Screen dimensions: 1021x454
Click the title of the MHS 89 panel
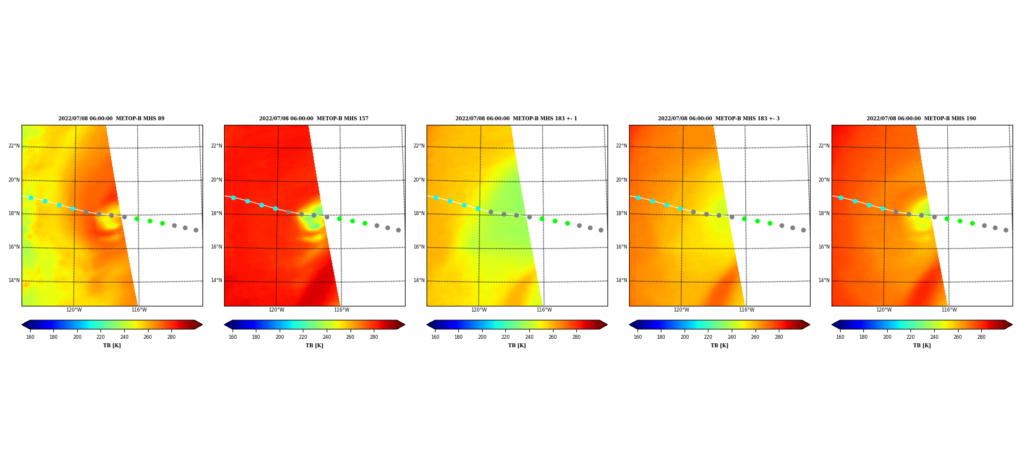tap(111, 119)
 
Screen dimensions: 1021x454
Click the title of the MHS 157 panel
tap(314, 119)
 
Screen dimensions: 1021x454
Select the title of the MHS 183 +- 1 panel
tap(516, 119)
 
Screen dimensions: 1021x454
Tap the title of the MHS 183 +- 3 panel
tap(719, 119)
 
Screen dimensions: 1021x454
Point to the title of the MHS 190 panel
tap(921, 119)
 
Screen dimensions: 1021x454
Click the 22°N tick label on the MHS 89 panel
tap(14, 146)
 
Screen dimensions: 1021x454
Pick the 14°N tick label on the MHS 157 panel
tap(216, 280)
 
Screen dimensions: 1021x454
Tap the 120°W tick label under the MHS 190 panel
tap(884, 310)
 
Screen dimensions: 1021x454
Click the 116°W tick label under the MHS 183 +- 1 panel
tap(544, 310)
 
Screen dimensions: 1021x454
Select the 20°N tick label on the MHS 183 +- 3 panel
tap(621, 180)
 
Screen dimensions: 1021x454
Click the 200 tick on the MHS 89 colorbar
tap(77, 337)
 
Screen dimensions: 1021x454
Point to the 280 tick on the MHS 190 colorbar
tap(981, 337)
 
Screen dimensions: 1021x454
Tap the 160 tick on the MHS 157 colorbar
tap(233, 337)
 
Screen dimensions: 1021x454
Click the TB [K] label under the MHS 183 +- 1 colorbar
tap(517, 346)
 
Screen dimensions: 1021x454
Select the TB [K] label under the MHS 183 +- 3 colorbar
tap(719, 346)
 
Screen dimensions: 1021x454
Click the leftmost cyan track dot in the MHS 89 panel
tap(31, 197)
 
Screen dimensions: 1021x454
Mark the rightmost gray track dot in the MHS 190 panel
tap(1006, 230)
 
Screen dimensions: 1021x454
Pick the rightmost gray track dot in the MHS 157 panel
tap(398, 230)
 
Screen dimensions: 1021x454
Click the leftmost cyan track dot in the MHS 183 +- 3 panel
tap(638, 197)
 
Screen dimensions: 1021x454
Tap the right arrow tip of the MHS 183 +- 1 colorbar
tap(607, 325)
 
